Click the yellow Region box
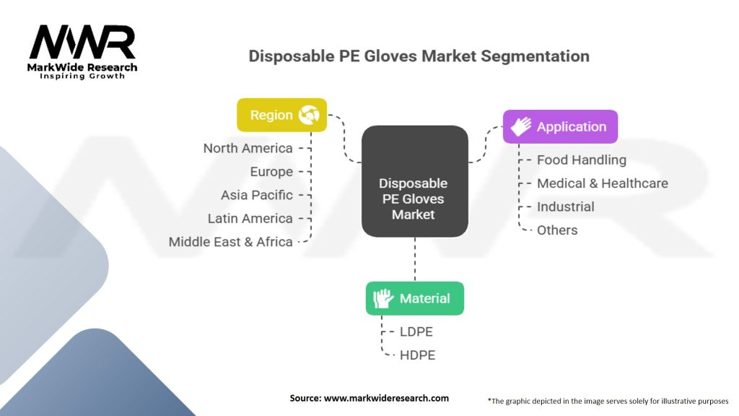282,115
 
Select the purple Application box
560,126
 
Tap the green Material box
415,298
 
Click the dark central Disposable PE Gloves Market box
415,181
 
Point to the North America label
248,148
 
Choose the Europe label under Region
271,172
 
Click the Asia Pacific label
257,195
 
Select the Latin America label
250,218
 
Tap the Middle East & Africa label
230,242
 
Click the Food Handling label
582,160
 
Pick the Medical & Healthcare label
603,183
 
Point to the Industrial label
566,207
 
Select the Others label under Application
557,230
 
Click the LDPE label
416,331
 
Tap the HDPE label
418,355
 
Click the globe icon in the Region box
309,115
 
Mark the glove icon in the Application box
521,126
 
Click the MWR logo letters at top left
82,43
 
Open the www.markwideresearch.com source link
386,398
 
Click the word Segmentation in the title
535,56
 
